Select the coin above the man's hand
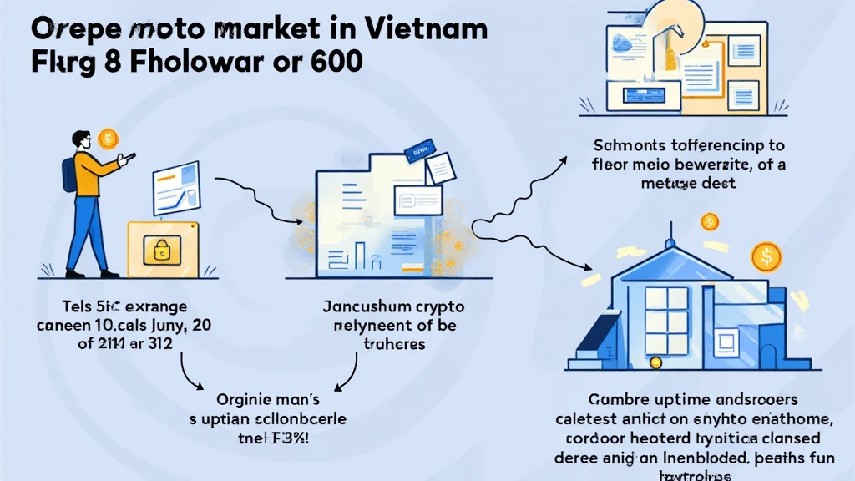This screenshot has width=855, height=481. pos(108,138)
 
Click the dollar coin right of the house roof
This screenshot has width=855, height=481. pos(765,256)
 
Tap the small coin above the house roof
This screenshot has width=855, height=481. pos(710,222)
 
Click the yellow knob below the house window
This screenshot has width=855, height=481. pos(657,362)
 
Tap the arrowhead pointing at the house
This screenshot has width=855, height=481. pos(580,266)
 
